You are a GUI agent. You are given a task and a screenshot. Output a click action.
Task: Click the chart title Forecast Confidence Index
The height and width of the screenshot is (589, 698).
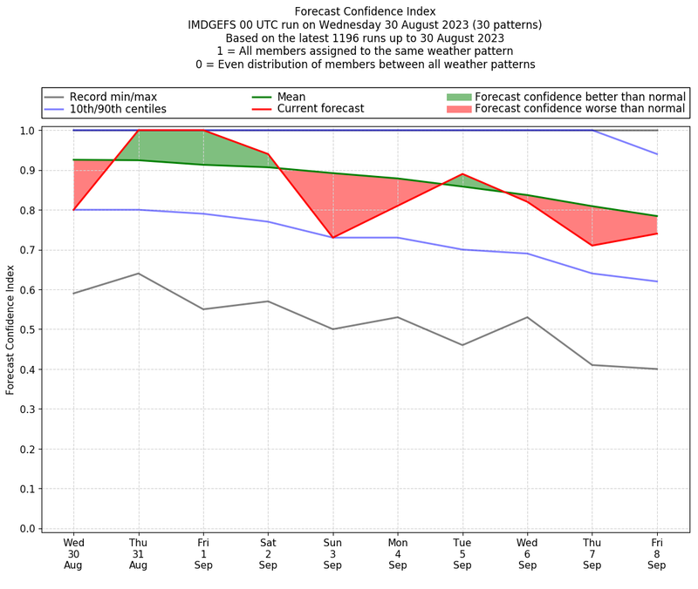coord(366,11)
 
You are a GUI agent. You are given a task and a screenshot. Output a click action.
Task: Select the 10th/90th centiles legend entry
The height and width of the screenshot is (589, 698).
coord(118,109)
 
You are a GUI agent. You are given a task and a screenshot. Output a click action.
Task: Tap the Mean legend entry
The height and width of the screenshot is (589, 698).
coord(291,97)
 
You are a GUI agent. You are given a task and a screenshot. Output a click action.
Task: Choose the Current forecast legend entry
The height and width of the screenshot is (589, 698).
coord(320,109)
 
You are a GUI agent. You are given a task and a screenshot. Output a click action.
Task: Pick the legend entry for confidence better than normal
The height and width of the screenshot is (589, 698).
coord(579,97)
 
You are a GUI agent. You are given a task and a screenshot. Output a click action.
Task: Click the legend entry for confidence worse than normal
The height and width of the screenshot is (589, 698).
coord(579,109)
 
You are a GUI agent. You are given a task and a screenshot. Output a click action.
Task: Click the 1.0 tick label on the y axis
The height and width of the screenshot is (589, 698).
coord(29,131)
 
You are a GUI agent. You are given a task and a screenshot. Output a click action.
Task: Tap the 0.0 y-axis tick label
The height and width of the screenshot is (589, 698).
coord(29,528)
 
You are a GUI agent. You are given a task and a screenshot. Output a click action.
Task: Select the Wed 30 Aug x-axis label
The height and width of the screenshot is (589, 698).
coord(74,553)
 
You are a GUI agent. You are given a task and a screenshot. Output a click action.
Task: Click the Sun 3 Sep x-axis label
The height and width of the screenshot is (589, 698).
coord(332,553)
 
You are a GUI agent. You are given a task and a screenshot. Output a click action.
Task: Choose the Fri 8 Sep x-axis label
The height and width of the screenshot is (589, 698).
coord(657,553)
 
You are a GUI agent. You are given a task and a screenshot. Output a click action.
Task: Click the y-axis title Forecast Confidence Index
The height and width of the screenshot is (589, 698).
coord(11,329)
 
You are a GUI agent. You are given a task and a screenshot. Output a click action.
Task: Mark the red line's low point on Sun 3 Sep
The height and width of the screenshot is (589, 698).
coord(332,238)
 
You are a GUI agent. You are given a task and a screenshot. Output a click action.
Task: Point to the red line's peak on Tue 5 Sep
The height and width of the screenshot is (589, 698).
coord(462,174)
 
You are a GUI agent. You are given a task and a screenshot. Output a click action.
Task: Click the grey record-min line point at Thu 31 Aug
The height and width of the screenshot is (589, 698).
coord(139,274)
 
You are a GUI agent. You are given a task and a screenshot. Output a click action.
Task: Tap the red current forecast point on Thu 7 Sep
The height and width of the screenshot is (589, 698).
coord(592,246)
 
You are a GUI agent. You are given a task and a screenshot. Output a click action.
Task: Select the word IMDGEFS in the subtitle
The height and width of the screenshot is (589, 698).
coord(216,24)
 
